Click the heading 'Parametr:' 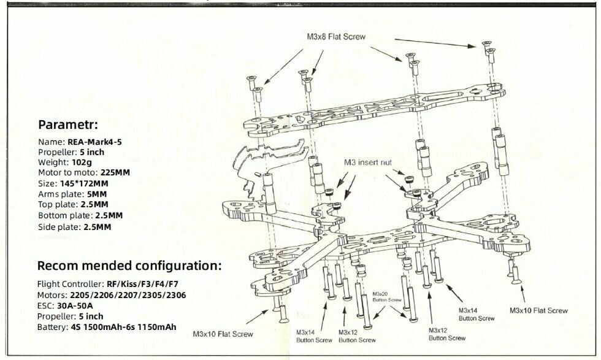pyautogui.click(x=68, y=125)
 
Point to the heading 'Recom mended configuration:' pyautogui.click(x=129, y=266)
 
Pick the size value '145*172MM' pyautogui.click(x=84, y=183)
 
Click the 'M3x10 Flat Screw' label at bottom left pyautogui.click(x=223, y=334)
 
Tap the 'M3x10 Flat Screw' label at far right pyautogui.click(x=538, y=310)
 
